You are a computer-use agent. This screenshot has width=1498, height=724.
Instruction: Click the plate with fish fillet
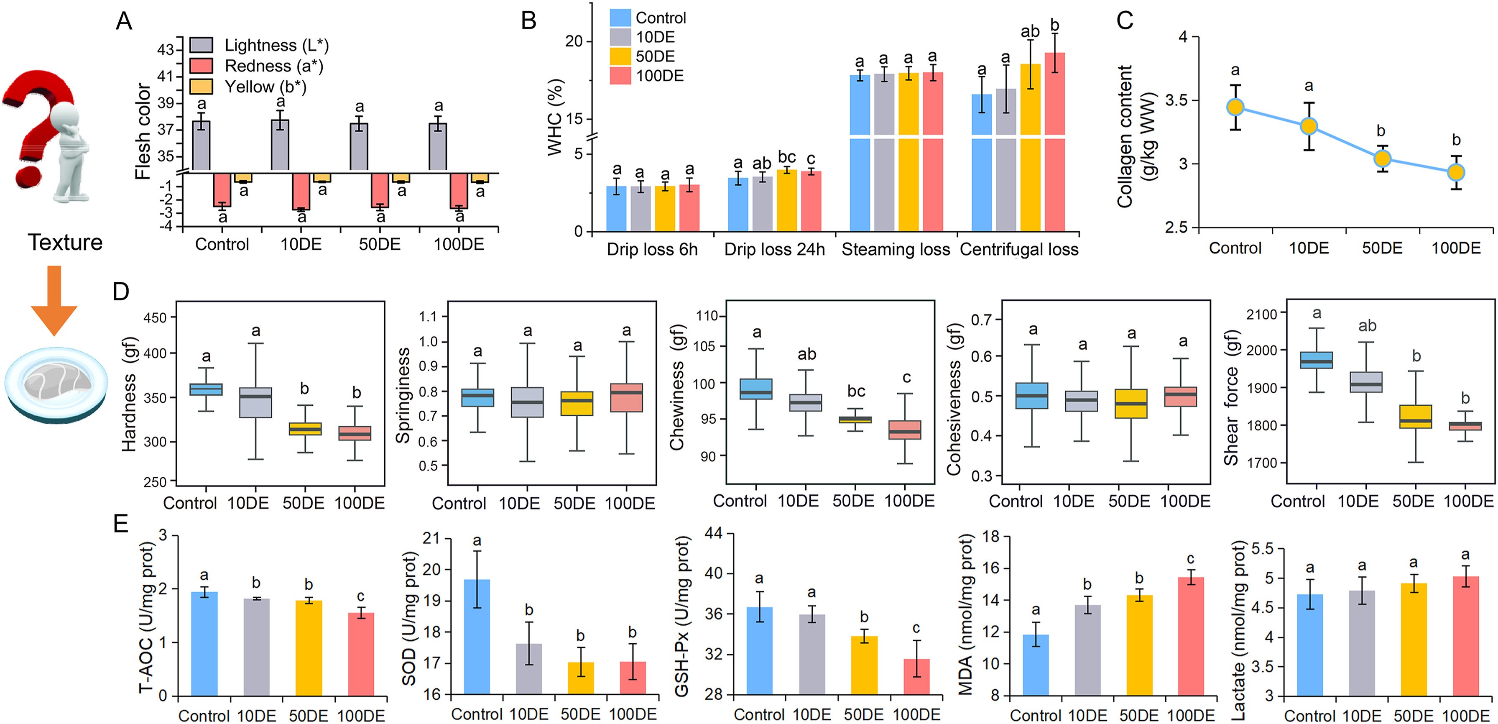click(x=56, y=384)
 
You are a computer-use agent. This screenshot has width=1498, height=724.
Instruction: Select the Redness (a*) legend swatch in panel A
click(x=201, y=66)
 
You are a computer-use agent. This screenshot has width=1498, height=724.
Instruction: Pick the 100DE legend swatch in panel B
click(x=620, y=76)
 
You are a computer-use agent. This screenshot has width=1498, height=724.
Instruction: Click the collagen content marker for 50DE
click(x=1382, y=158)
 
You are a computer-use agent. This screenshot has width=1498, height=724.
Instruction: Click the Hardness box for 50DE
click(x=305, y=429)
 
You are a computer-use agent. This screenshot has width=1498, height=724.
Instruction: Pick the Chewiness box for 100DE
click(x=905, y=430)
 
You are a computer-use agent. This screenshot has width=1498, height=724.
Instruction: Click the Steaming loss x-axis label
click(x=896, y=249)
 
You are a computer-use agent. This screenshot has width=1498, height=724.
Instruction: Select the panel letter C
click(x=1125, y=20)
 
